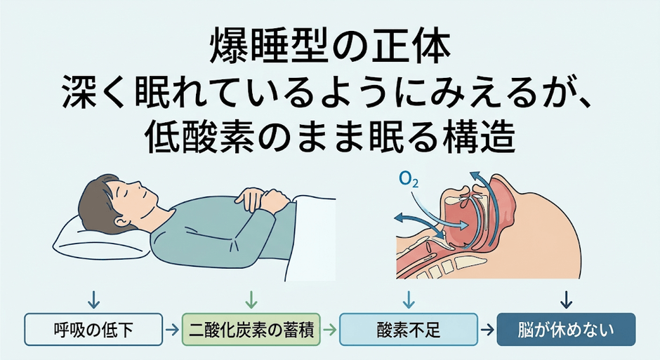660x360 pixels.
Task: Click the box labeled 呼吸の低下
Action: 93,329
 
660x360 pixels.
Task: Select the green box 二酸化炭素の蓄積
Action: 251,329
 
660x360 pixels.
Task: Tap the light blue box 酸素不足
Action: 409,329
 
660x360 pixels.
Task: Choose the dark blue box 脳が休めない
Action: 566,329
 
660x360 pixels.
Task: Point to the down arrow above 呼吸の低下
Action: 93,300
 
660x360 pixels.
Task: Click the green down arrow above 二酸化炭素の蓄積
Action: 251,300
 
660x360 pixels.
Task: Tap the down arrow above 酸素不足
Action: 409,300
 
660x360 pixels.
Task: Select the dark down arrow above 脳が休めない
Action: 567,300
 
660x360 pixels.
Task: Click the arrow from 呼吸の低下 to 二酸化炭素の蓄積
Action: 172,330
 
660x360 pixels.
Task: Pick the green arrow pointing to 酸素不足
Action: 330,330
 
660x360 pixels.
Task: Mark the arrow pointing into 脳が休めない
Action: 487,330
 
